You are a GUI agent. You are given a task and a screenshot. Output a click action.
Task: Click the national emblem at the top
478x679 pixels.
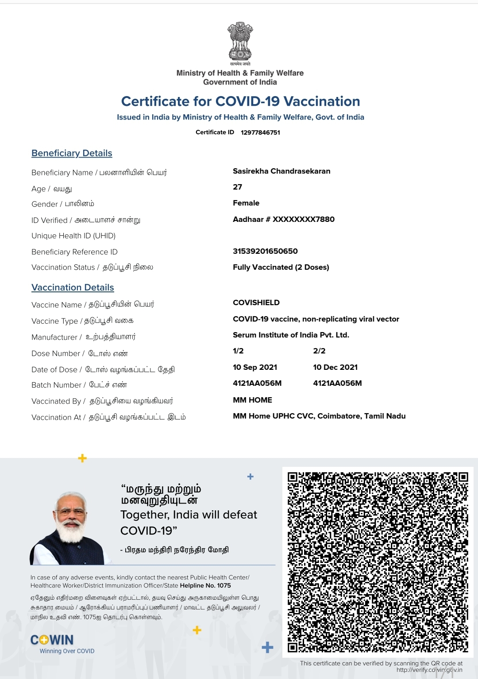[x=240, y=42]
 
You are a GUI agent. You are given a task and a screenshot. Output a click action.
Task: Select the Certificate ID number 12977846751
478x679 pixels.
[x=260, y=132]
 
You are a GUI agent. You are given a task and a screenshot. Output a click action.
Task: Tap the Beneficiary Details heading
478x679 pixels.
[x=72, y=153]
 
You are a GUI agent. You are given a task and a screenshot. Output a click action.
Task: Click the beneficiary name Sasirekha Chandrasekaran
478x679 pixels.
[x=281, y=171]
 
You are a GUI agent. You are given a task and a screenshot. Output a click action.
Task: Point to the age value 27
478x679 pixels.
[x=238, y=187]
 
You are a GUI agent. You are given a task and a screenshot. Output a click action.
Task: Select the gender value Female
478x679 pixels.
[x=246, y=203]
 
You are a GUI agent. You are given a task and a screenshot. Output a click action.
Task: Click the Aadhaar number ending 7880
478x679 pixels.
[x=284, y=219]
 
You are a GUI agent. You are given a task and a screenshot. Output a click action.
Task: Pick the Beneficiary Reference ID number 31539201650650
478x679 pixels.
[x=265, y=251]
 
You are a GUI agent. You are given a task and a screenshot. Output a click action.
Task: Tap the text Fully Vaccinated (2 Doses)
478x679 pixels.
[x=281, y=268]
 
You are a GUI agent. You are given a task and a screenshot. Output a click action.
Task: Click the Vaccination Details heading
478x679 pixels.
[x=73, y=287]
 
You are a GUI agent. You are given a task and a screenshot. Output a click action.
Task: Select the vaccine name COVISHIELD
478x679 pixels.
[x=256, y=303]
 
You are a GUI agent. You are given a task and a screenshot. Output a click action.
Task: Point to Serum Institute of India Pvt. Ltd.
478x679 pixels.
[x=291, y=335]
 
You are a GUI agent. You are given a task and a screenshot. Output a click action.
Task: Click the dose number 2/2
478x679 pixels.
[x=319, y=351]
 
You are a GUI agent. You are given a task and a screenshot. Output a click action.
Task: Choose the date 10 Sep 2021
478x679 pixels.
[x=255, y=368]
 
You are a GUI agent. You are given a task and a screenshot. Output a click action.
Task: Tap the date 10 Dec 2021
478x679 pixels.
[x=335, y=368]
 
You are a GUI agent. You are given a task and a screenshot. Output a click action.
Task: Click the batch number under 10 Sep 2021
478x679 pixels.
[x=257, y=384]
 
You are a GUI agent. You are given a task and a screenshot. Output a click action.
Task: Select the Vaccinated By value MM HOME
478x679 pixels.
[x=252, y=400]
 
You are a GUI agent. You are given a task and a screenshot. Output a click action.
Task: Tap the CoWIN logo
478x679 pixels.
[x=52, y=640]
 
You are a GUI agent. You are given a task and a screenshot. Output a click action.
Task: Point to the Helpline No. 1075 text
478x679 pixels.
[x=205, y=586]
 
